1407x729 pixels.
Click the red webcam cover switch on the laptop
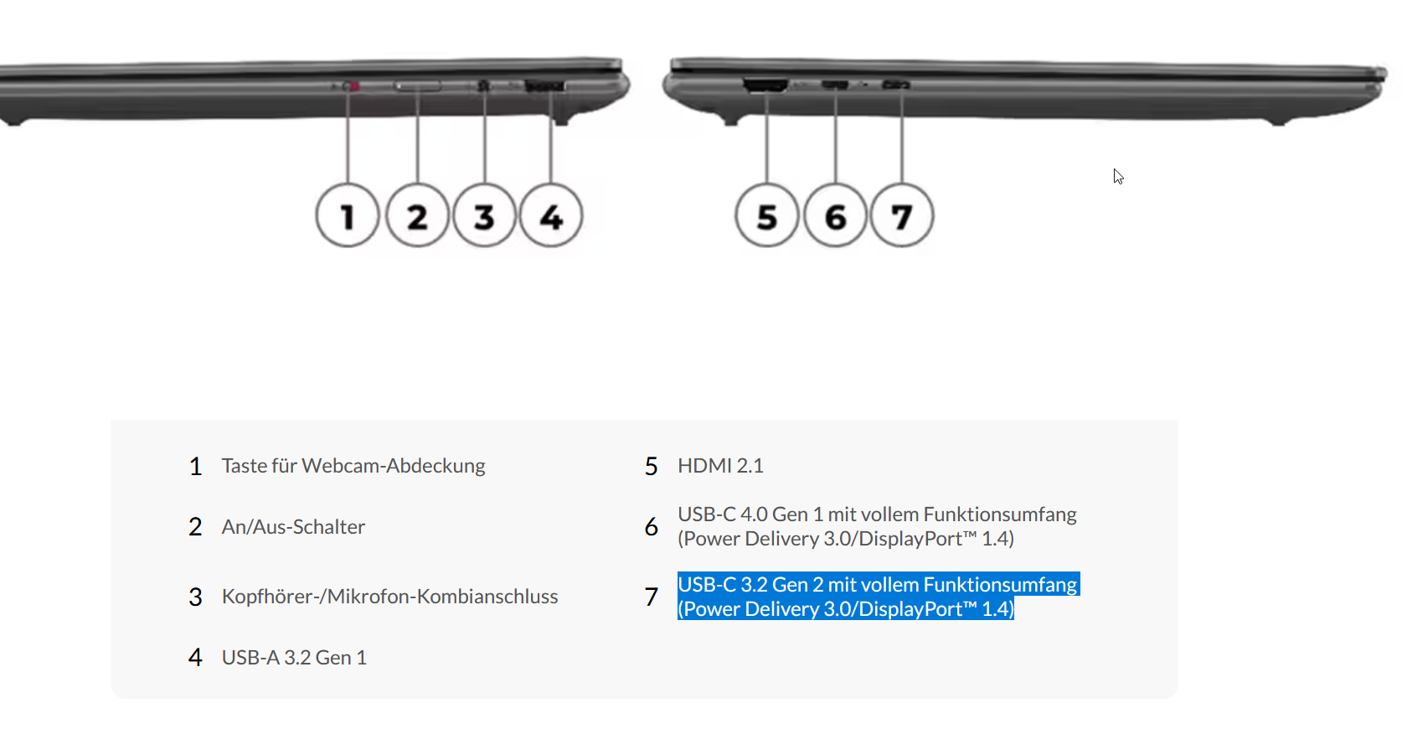click(x=353, y=85)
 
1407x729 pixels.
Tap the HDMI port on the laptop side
click(x=765, y=85)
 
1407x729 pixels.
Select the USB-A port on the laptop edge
click(x=544, y=85)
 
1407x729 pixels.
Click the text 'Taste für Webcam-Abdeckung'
click(x=353, y=466)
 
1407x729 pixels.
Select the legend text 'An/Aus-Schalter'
click(x=293, y=526)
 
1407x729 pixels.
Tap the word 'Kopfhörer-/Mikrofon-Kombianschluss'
click(x=389, y=596)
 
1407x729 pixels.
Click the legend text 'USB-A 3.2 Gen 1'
click(x=294, y=657)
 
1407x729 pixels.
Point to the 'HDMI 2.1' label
click(x=720, y=466)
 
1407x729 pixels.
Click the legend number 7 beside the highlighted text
click(x=652, y=597)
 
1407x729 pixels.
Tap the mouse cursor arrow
click(x=1118, y=177)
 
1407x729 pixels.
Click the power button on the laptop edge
click(x=418, y=86)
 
